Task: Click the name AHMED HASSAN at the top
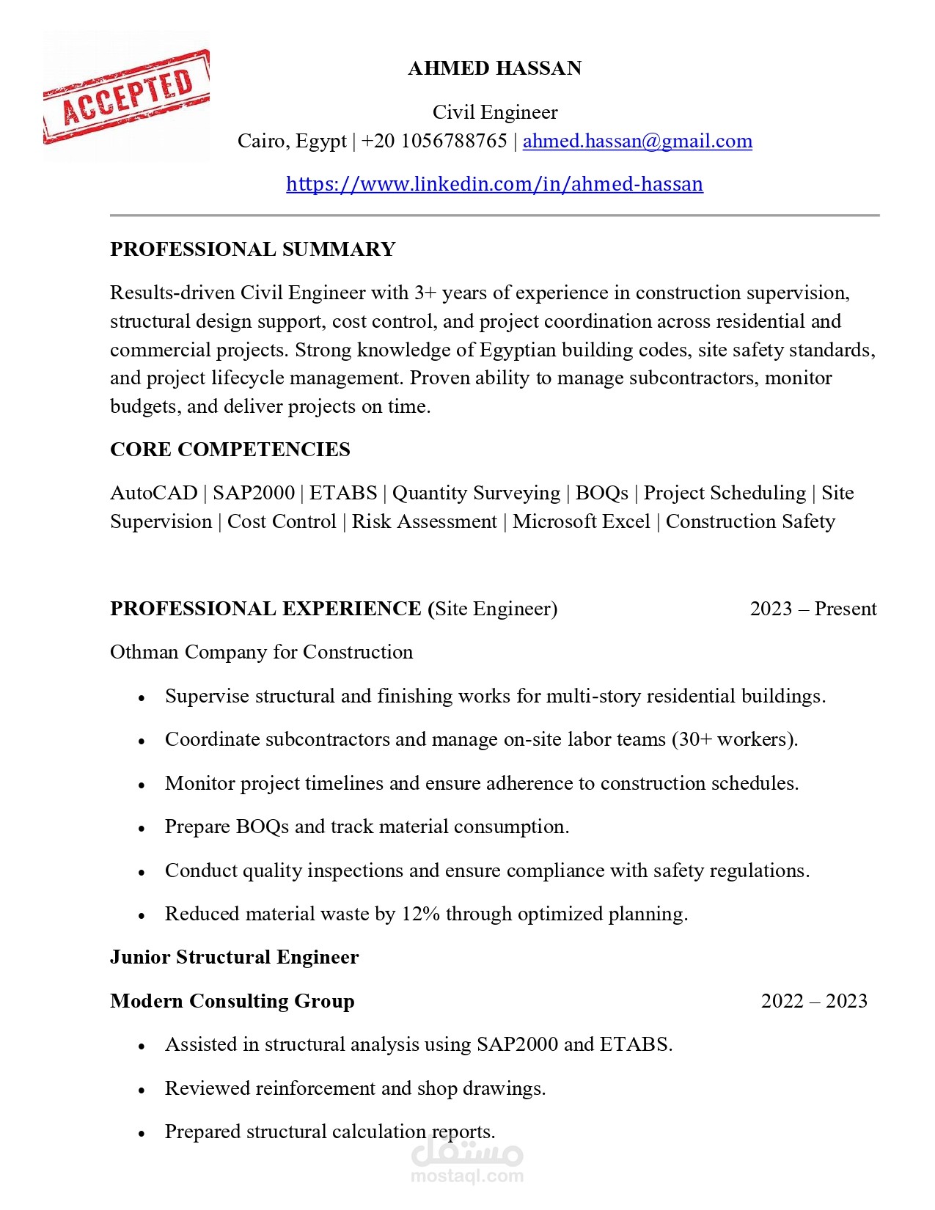(494, 68)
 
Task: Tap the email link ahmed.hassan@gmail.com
(637, 141)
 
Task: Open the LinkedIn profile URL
(494, 184)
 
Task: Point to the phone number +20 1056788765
(434, 141)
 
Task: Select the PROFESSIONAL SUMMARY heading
(252, 249)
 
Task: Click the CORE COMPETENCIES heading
(230, 450)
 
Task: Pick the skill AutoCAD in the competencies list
(153, 493)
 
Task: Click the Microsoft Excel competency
(581, 521)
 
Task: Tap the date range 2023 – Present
(813, 609)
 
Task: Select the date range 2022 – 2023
(813, 1001)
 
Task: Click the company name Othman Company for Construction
(261, 652)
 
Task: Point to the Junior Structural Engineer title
(234, 957)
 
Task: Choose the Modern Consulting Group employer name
(232, 1001)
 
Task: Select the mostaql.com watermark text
(467, 1176)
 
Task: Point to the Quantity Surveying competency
(476, 493)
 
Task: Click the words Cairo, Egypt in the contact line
(292, 141)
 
